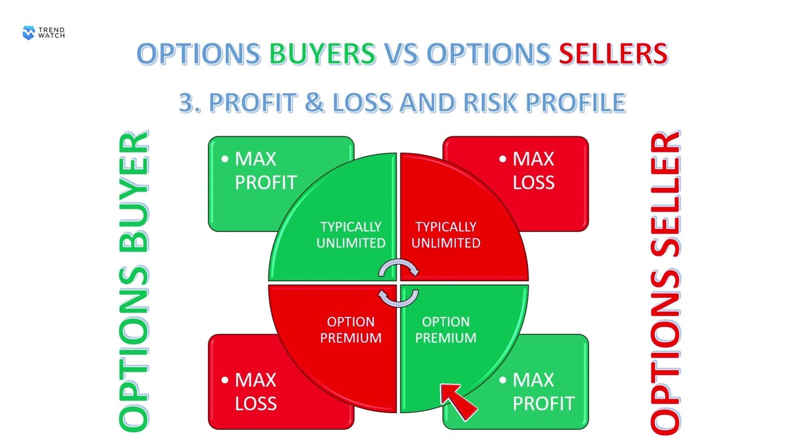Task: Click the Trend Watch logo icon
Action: coord(29,32)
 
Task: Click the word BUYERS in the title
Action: coord(323,54)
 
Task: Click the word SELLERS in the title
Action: coord(613,54)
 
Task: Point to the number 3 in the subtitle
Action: coord(186,103)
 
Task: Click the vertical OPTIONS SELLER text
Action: coord(664,281)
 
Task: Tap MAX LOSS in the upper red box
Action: coord(533,170)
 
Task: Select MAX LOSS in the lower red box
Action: coord(255,391)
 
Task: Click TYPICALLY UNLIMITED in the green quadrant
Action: coord(351,235)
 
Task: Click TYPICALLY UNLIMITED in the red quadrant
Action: coord(446,235)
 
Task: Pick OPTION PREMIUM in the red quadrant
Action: coord(351,330)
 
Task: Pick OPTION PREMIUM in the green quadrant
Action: coord(446,330)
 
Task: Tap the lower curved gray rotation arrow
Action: coord(398,297)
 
